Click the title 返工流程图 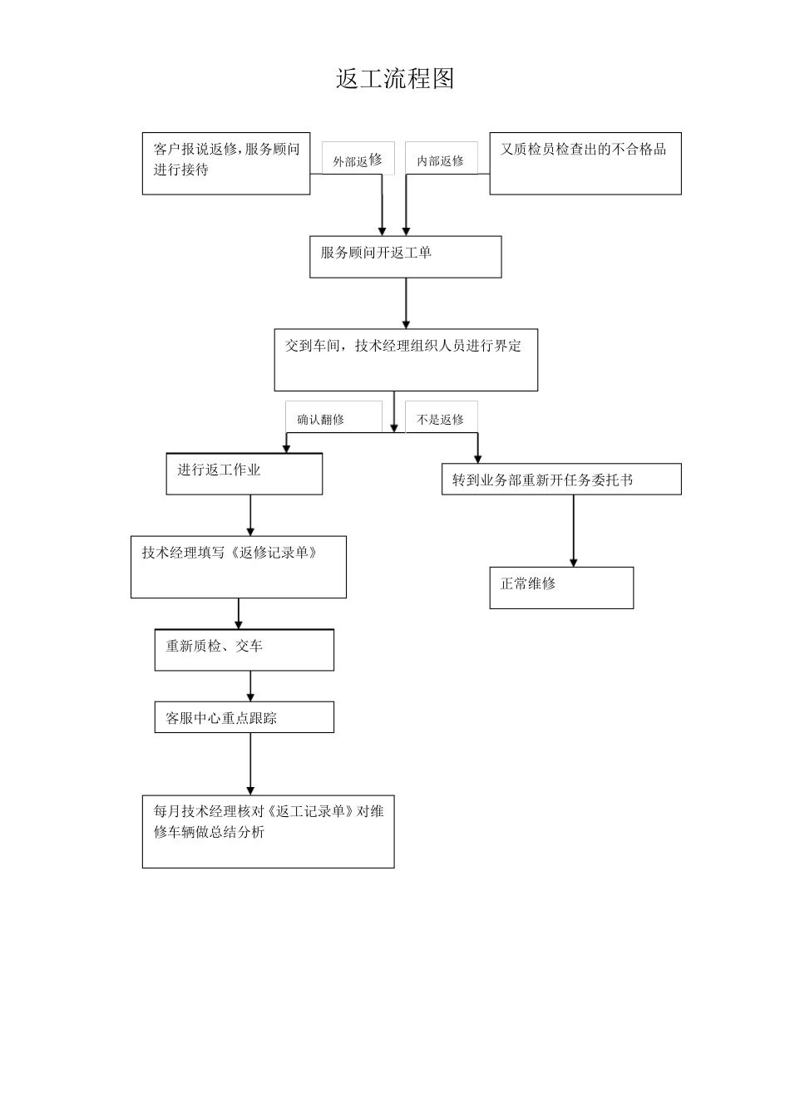(395, 79)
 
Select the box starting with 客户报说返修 (226, 164)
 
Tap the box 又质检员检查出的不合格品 (585, 164)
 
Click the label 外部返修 (358, 160)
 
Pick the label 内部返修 (441, 160)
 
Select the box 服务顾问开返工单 (406, 256)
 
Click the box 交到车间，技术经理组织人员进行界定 (406, 360)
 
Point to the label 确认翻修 (321, 420)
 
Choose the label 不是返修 (441, 420)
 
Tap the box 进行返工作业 (244, 474)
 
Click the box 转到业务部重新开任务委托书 (561, 480)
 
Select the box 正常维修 (561, 588)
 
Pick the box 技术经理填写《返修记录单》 (239, 567)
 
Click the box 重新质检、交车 (244, 650)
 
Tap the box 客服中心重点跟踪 (244, 717)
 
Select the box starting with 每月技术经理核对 (268, 832)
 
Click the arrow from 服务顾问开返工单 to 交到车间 (406, 303)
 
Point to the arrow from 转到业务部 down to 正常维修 (573, 531)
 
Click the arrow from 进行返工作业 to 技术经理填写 (250, 515)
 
